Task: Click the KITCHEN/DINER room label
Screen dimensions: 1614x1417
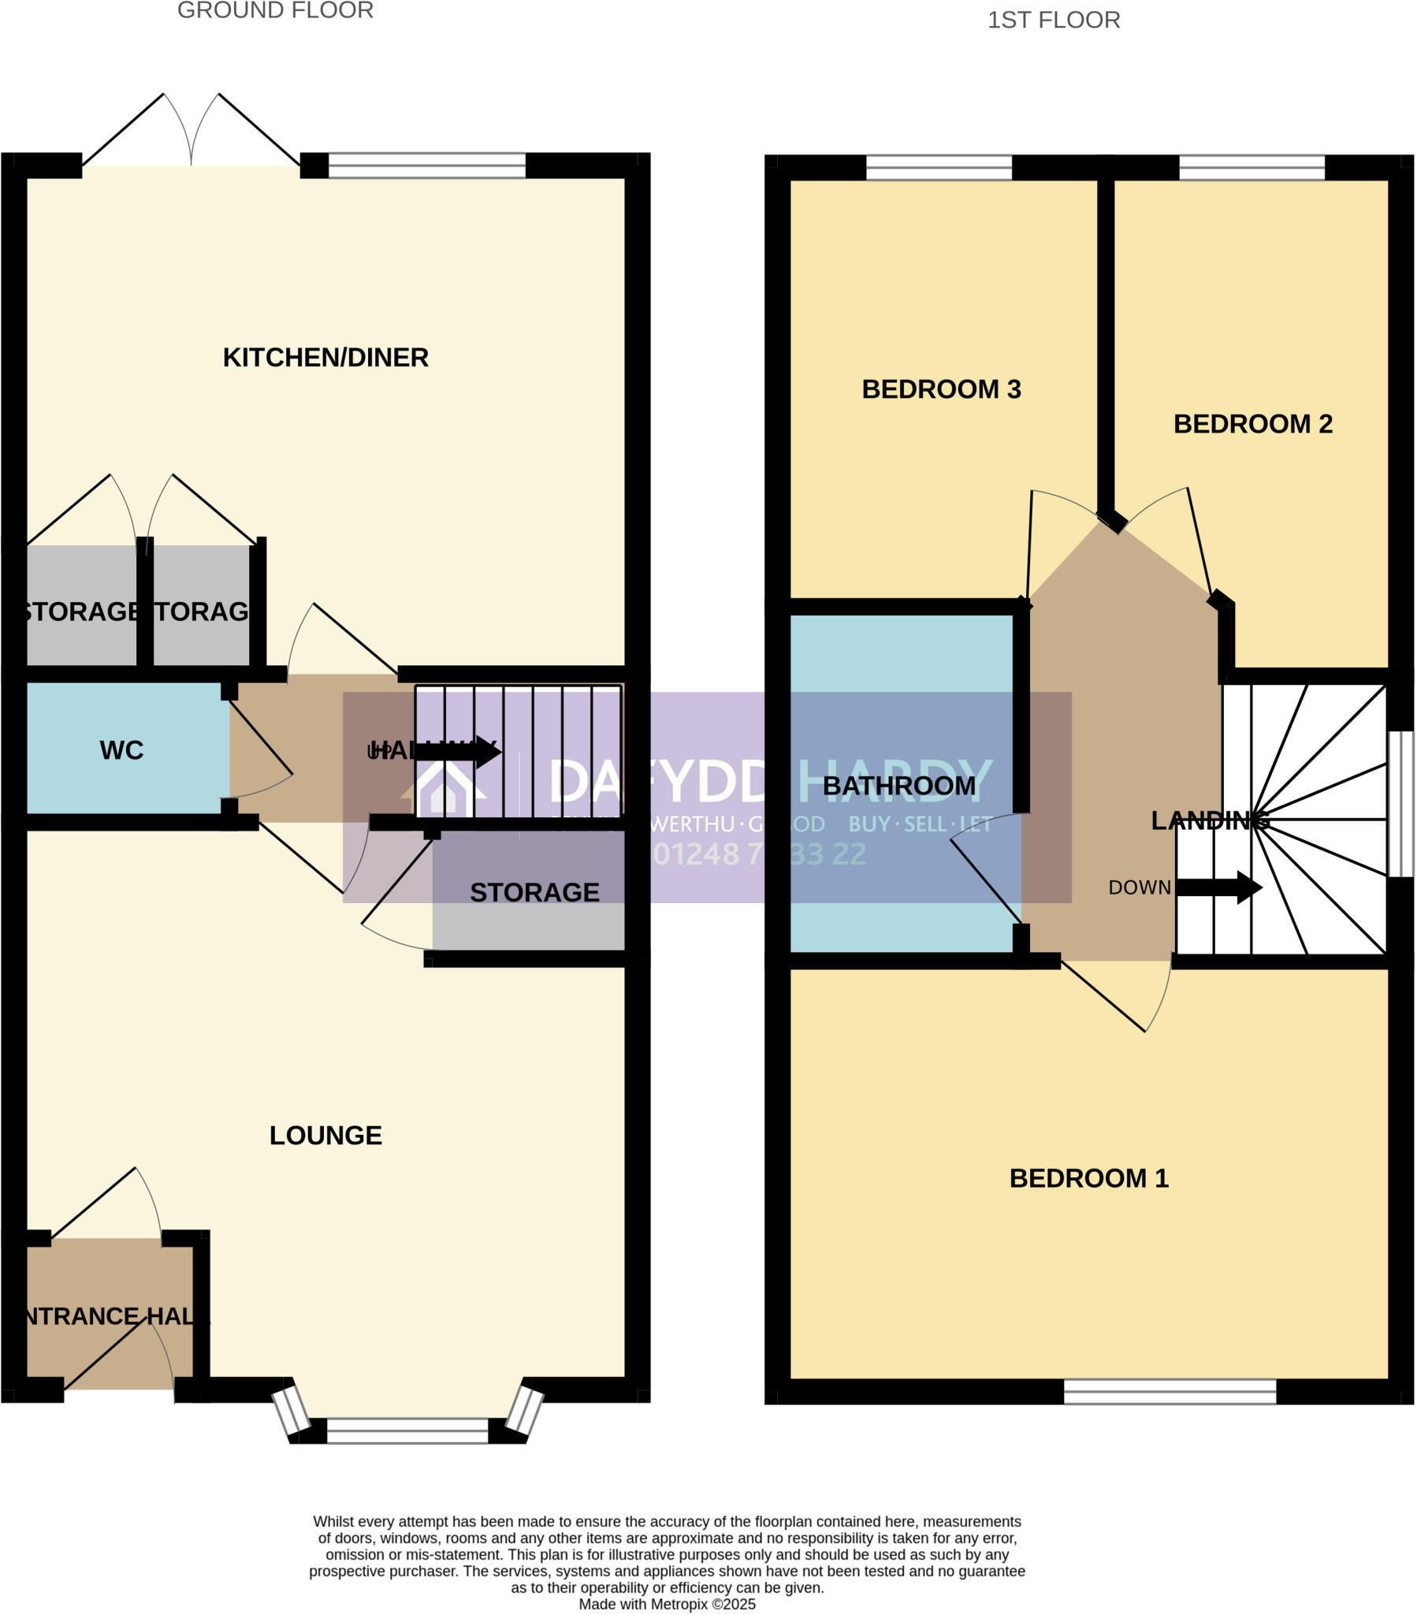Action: click(x=325, y=358)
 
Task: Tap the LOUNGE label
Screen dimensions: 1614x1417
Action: click(x=325, y=1136)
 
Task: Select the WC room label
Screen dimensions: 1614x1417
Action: click(x=121, y=750)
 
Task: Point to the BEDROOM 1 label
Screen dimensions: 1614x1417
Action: click(x=1088, y=1178)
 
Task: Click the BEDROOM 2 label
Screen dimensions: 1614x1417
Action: click(x=1253, y=424)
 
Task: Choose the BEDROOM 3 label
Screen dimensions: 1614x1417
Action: click(x=941, y=389)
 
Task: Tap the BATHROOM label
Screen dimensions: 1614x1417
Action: click(x=899, y=786)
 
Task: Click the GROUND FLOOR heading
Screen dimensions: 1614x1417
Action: click(x=275, y=11)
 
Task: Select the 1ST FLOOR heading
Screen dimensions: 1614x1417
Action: click(x=1054, y=20)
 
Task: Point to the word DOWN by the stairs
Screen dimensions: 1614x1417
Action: click(x=1139, y=887)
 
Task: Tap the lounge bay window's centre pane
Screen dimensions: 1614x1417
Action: click(x=407, y=1431)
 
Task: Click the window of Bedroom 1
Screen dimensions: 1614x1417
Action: click(x=1169, y=1391)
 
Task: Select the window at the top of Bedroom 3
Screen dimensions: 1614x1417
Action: click(x=939, y=167)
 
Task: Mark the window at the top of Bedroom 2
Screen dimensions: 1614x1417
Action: click(x=1251, y=167)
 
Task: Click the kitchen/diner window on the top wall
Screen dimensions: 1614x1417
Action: click(x=426, y=165)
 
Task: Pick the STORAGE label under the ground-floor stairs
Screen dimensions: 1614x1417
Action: click(x=534, y=892)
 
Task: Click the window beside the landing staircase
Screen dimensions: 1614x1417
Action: click(x=1401, y=804)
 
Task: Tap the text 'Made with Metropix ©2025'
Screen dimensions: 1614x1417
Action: click(x=667, y=1604)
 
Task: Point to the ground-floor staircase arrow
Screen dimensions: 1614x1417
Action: click(x=458, y=751)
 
